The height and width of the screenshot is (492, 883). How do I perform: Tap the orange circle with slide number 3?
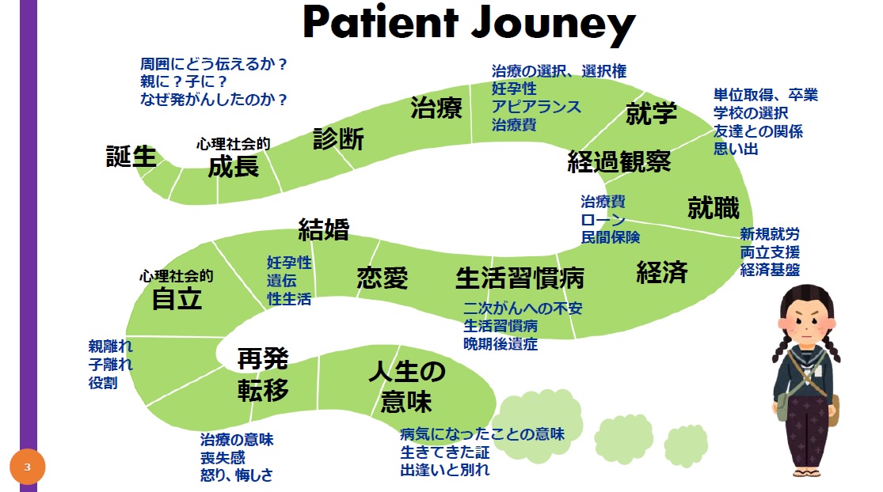(27, 467)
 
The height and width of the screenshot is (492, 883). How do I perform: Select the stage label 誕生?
(131, 157)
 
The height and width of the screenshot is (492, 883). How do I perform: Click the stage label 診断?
(338, 139)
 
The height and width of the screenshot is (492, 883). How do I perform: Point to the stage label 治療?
(436, 108)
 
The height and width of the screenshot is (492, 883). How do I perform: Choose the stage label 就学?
(651, 113)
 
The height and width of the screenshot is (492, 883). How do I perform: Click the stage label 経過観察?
(618, 162)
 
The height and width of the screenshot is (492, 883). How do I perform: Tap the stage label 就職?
(713, 208)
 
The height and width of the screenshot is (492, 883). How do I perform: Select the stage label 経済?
(662, 272)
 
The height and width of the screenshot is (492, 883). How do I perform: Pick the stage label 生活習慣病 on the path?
(520, 278)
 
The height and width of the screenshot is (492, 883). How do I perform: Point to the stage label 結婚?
(323, 229)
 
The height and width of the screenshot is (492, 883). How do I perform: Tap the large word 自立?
(177, 299)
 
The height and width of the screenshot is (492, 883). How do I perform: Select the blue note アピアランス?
(536, 107)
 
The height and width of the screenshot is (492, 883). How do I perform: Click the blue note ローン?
(603, 219)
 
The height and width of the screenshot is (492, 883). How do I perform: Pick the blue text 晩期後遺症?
(500, 343)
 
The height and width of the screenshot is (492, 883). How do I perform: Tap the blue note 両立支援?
(770, 252)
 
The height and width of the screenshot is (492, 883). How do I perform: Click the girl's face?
(805, 326)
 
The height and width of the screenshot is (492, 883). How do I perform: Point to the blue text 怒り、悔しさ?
(237, 475)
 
